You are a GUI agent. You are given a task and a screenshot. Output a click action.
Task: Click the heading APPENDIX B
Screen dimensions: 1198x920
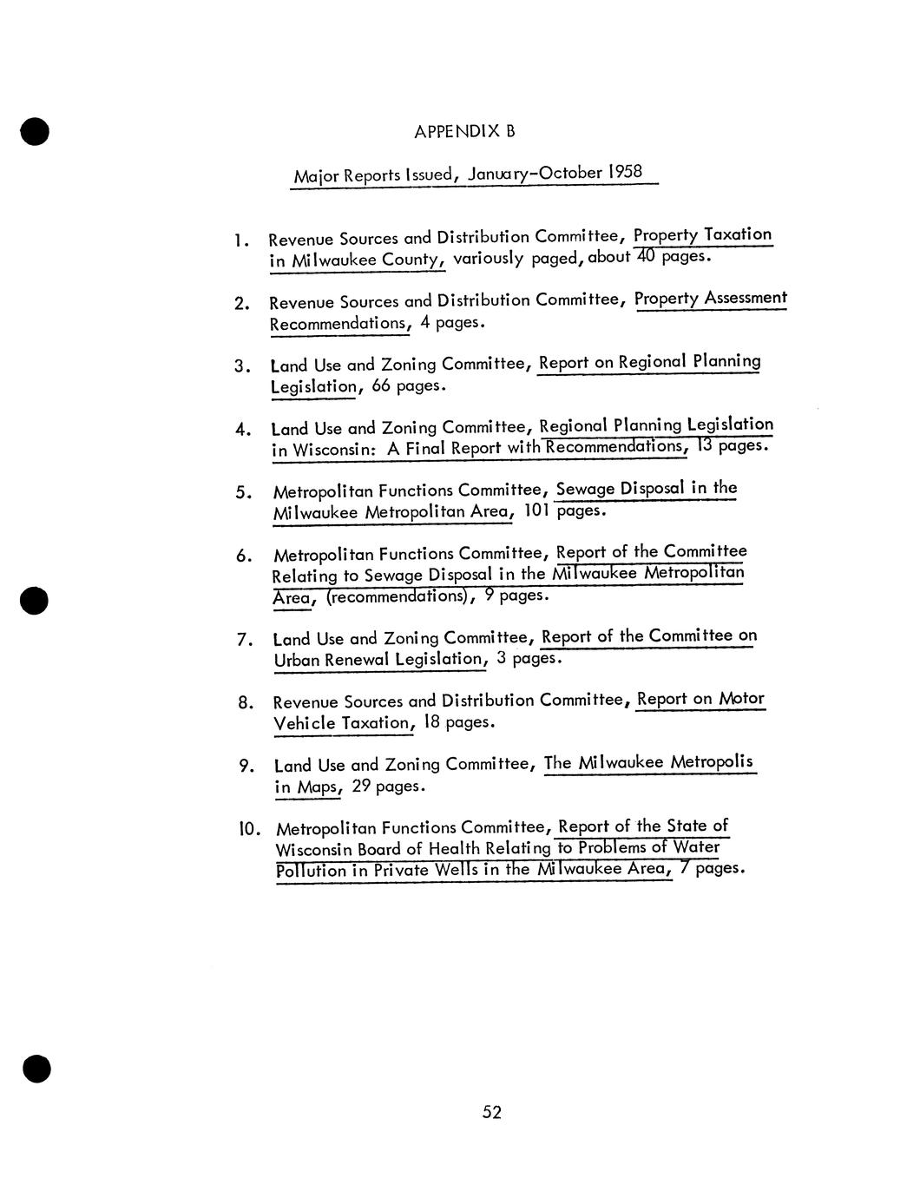[464, 132]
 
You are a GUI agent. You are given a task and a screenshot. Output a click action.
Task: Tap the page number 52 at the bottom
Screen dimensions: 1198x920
[492, 1112]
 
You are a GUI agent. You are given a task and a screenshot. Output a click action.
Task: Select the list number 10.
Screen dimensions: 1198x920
[249, 828]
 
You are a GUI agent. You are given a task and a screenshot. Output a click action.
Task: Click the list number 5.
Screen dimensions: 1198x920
[243, 492]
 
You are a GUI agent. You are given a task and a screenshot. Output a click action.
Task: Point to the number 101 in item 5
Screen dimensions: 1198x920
[537, 510]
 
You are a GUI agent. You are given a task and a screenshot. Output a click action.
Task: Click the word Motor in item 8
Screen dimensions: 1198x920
[741, 699]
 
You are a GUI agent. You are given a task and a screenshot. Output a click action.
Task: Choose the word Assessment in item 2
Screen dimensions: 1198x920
[746, 299]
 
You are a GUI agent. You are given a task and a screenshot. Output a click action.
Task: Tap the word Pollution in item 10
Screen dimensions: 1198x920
[311, 871]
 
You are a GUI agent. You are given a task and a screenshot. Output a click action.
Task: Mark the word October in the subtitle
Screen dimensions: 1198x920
[569, 172]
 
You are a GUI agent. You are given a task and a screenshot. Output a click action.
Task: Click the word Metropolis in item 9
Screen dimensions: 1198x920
[711, 762]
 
